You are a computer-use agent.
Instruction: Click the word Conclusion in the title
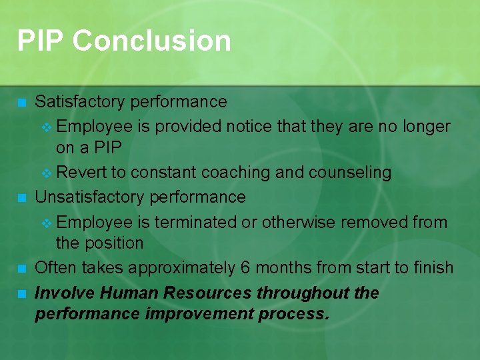[152, 41]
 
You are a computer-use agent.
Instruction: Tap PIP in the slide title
[41, 41]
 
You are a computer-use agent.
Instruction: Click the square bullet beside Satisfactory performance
[22, 103]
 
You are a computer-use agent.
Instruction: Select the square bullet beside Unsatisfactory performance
[22, 198]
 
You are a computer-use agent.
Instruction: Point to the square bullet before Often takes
[22, 269]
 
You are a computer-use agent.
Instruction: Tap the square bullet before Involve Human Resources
[22, 293]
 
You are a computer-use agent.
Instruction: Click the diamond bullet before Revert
[46, 173]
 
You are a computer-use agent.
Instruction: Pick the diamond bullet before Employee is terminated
[46, 223]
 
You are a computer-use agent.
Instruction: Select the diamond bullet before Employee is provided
[46, 127]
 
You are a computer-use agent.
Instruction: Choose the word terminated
[197, 222]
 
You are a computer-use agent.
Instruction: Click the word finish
[433, 268]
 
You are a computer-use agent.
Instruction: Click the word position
[113, 243]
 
